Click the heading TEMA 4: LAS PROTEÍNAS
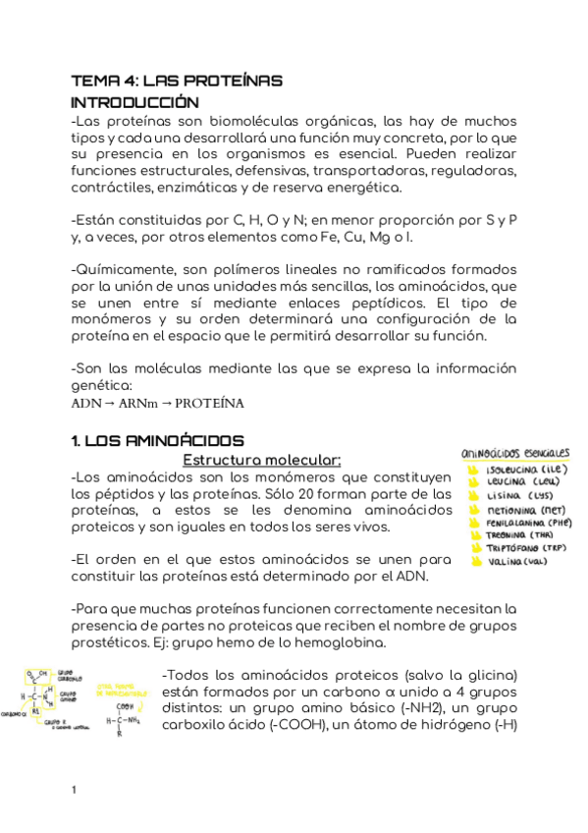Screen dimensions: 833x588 coord(177,81)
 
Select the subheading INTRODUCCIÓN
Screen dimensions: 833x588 coord(134,102)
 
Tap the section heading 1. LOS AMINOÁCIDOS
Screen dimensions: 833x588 coord(158,442)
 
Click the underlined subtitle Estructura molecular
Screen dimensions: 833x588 coord(262,460)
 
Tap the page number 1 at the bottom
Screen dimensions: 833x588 coord(75,790)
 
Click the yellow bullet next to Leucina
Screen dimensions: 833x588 coord(474,483)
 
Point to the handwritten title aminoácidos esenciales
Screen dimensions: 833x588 coord(515,454)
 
